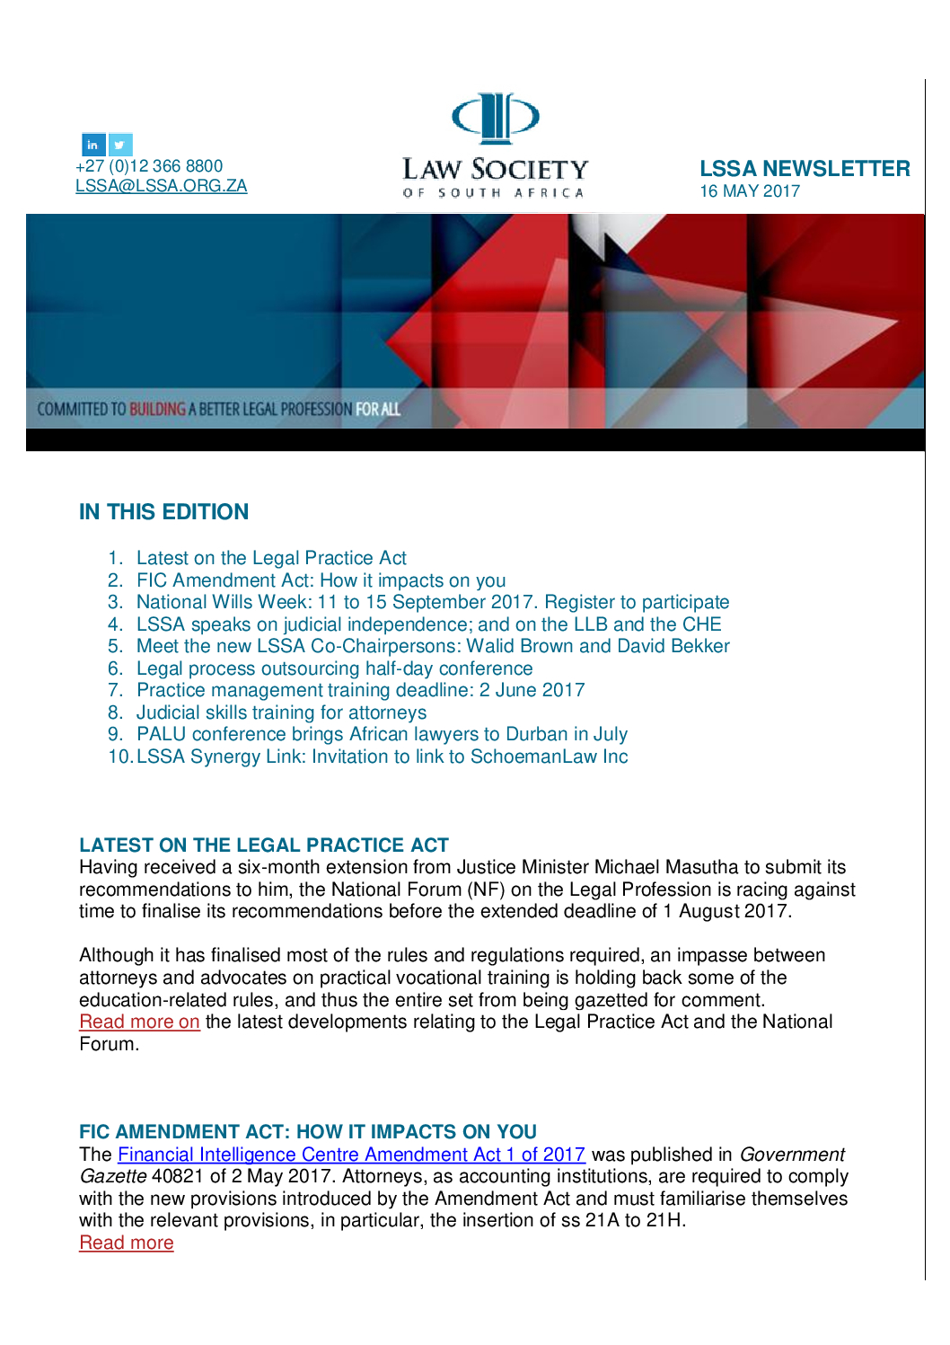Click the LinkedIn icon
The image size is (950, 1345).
93,145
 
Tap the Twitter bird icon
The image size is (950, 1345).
120,145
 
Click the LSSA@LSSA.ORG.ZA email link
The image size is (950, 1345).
161,186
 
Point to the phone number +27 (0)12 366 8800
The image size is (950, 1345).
149,166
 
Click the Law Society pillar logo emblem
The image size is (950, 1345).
495,118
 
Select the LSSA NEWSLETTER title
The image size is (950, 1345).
805,169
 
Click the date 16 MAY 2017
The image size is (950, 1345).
750,191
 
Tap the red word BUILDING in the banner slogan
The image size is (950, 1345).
157,410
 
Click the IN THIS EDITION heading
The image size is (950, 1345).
163,512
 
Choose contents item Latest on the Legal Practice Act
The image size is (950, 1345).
271,558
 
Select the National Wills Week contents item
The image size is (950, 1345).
433,602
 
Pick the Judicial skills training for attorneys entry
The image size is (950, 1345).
281,712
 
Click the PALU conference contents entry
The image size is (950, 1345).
382,734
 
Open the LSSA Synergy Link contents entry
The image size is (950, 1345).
382,757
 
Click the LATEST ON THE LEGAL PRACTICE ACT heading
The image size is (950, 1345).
264,845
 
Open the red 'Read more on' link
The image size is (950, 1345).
139,1022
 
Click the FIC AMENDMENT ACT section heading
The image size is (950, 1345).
308,1132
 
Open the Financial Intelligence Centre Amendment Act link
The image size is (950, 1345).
351,1155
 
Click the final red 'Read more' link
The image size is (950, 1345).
127,1243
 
